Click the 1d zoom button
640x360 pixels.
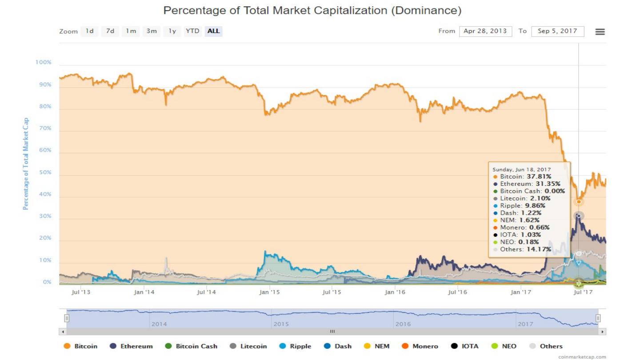[90, 31]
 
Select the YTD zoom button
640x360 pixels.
[192, 31]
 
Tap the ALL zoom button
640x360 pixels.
[213, 31]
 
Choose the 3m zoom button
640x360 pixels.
[152, 31]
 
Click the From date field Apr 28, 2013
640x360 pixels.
[485, 31]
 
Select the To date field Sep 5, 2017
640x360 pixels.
[557, 31]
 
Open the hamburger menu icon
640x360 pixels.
[600, 32]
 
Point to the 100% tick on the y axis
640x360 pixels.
[44, 62]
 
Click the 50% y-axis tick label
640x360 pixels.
[45, 172]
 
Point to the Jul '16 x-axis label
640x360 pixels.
[458, 292]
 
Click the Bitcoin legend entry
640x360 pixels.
[81, 346]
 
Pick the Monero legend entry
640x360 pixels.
[420, 346]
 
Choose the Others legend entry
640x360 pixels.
[546, 346]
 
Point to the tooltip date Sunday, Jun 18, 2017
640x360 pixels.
[521, 169]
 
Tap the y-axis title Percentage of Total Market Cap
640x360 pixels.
[26, 164]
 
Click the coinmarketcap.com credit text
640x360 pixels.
[582, 356]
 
